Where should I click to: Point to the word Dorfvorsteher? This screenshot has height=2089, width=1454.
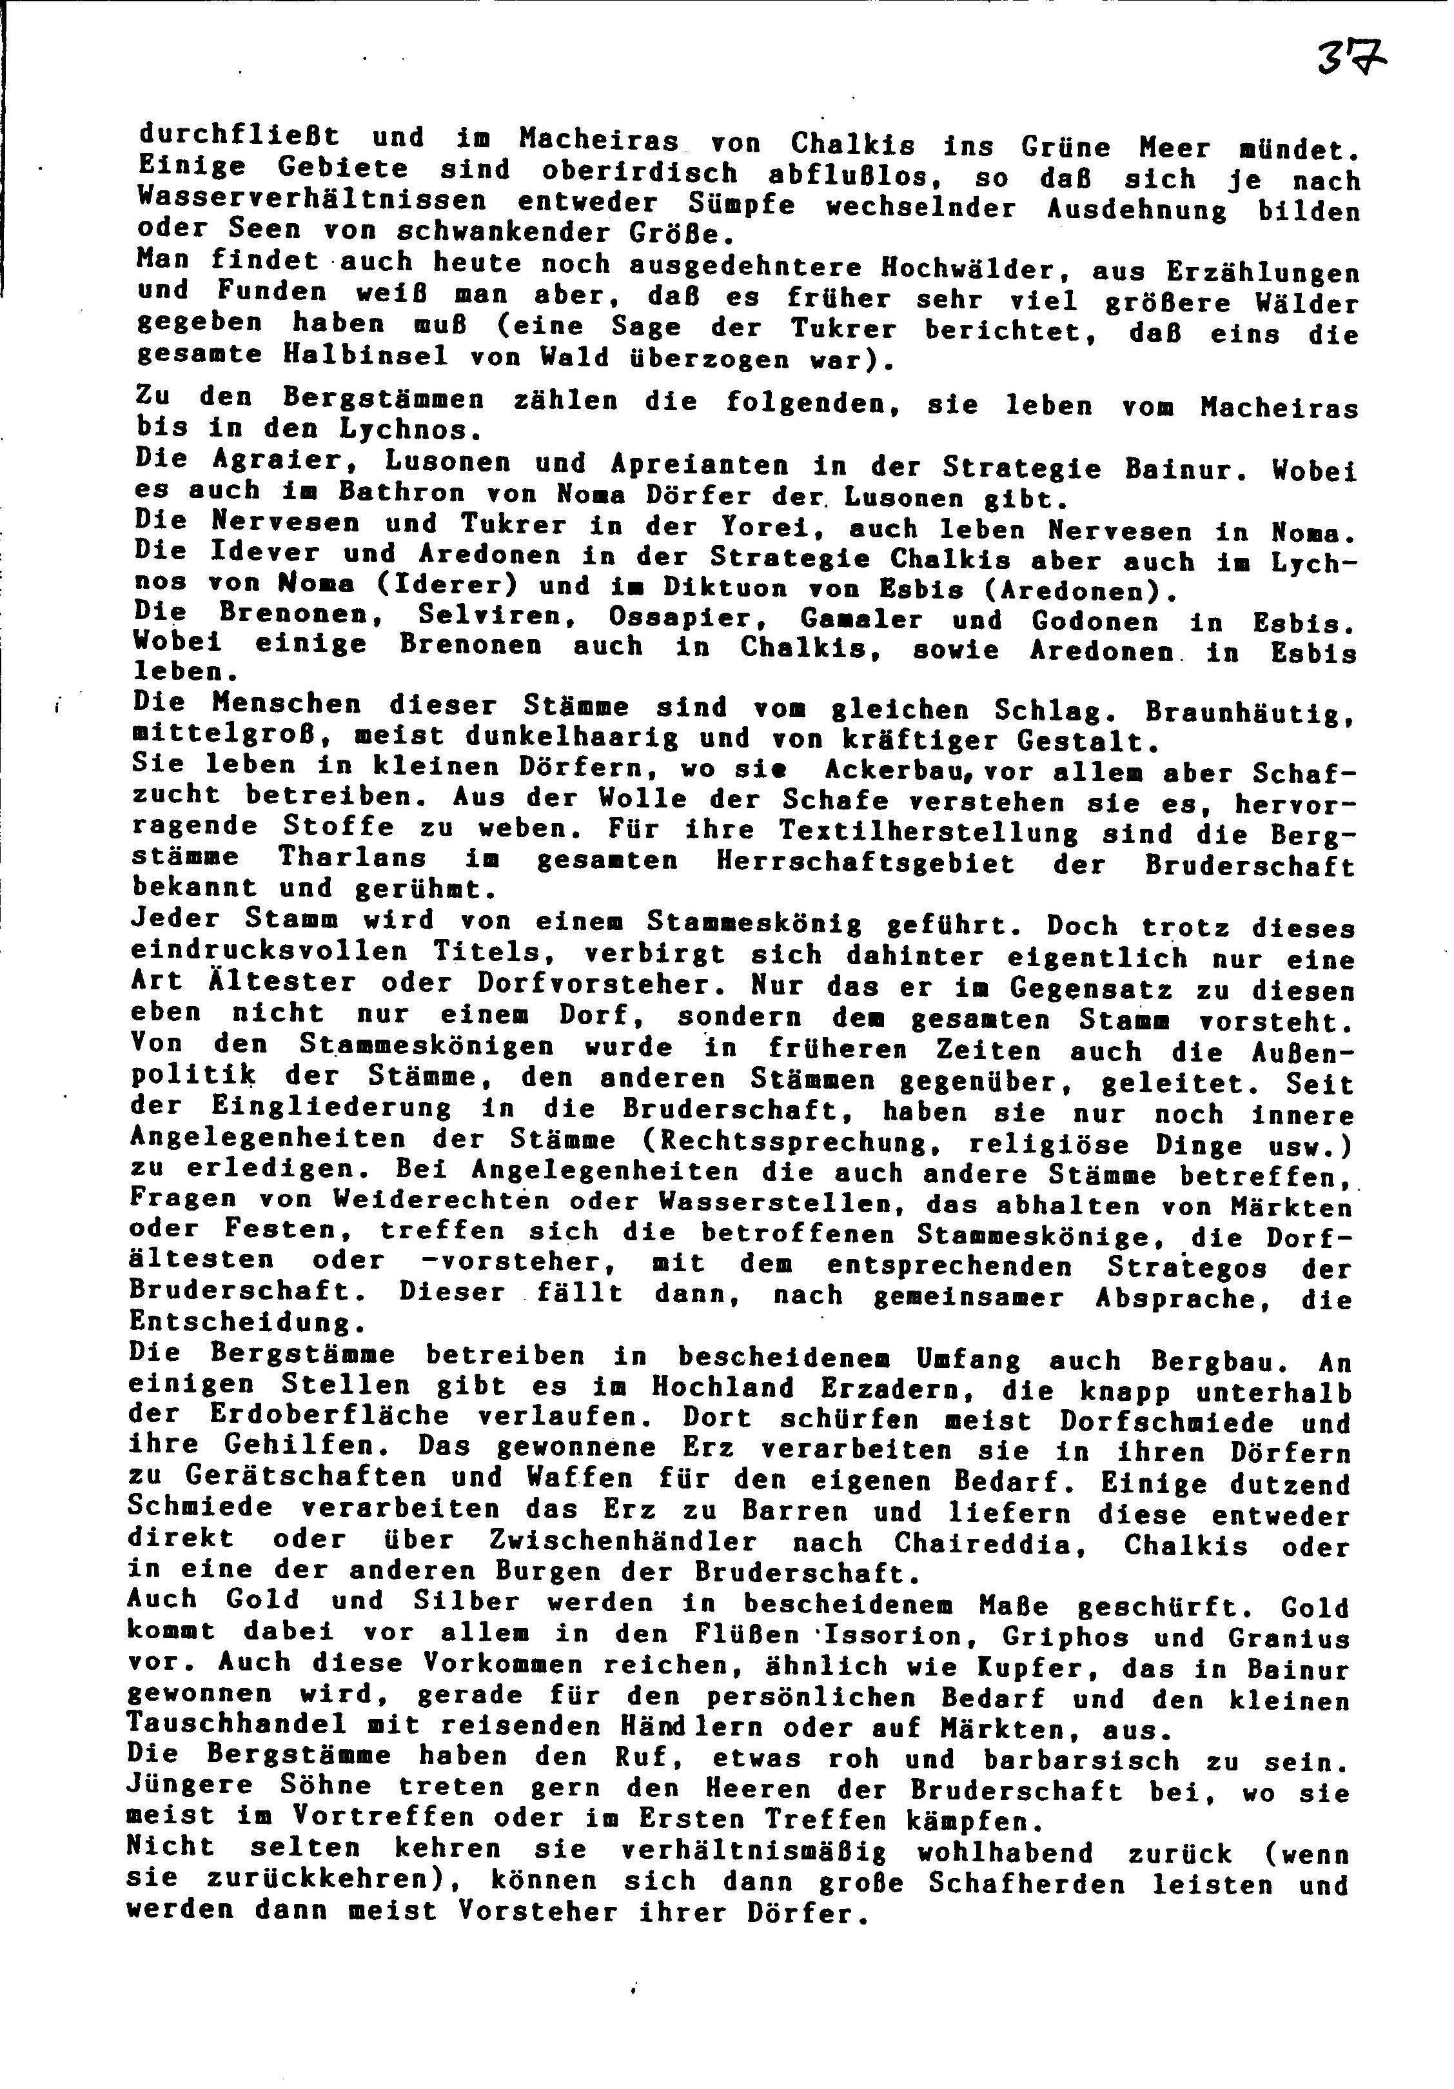[x=599, y=985]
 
